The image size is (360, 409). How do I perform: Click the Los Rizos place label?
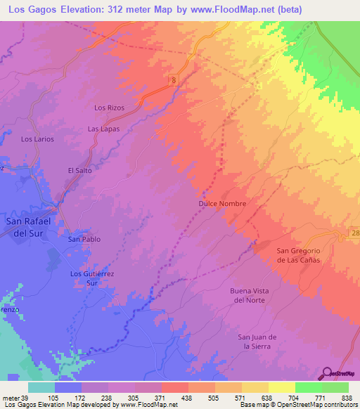coord(108,108)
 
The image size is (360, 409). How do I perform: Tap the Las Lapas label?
coord(103,129)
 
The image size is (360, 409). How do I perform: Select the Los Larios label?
coord(37,139)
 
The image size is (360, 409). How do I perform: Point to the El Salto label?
coord(79,170)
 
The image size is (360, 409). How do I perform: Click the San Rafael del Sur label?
coord(30,228)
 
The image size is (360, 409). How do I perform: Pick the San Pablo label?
coord(84,239)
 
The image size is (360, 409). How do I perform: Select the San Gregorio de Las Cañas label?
coord(298,255)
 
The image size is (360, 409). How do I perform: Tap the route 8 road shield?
coord(172,82)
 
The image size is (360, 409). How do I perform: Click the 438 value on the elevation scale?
coord(188,397)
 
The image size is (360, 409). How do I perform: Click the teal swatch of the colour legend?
coord(41,387)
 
